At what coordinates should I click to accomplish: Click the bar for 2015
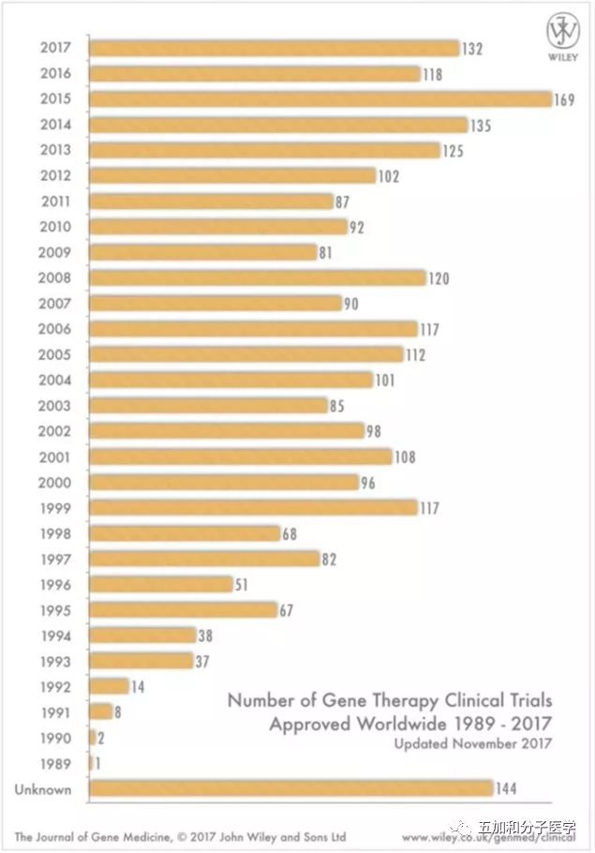tap(320, 99)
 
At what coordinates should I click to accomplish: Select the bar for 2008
tap(258, 278)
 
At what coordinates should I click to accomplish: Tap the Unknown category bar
tap(290, 788)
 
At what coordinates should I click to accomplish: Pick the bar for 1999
tap(253, 508)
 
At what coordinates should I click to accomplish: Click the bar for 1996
tap(160, 584)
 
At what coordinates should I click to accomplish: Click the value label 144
tap(507, 788)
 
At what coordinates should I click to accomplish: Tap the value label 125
tap(454, 150)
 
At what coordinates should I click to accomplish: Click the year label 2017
tap(56, 48)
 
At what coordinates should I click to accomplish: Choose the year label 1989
tap(56, 763)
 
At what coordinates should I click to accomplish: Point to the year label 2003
tap(56, 406)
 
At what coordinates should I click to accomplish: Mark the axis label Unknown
tap(43, 789)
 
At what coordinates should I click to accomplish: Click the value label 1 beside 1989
tap(97, 763)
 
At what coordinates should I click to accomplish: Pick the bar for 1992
tap(109, 686)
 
